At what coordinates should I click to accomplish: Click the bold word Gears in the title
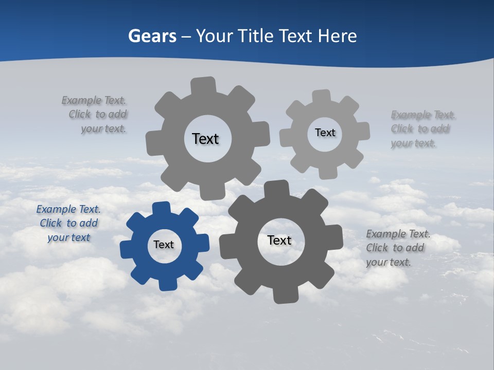click(x=152, y=36)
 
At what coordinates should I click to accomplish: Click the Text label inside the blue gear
click(x=164, y=245)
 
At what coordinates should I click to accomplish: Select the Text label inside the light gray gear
click(x=325, y=133)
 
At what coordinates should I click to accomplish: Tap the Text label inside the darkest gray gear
click(x=279, y=240)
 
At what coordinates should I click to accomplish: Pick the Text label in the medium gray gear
click(x=205, y=139)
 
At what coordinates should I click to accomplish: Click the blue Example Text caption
click(x=68, y=224)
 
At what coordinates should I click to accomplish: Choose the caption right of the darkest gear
click(x=397, y=248)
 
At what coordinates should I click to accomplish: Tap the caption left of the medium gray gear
click(x=96, y=115)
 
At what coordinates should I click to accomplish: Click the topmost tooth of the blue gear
click(x=162, y=209)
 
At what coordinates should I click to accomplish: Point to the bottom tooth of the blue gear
click(x=167, y=283)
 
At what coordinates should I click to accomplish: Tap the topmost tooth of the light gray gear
click(x=321, y=96)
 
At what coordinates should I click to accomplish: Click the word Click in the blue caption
click(x=51, y=224)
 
